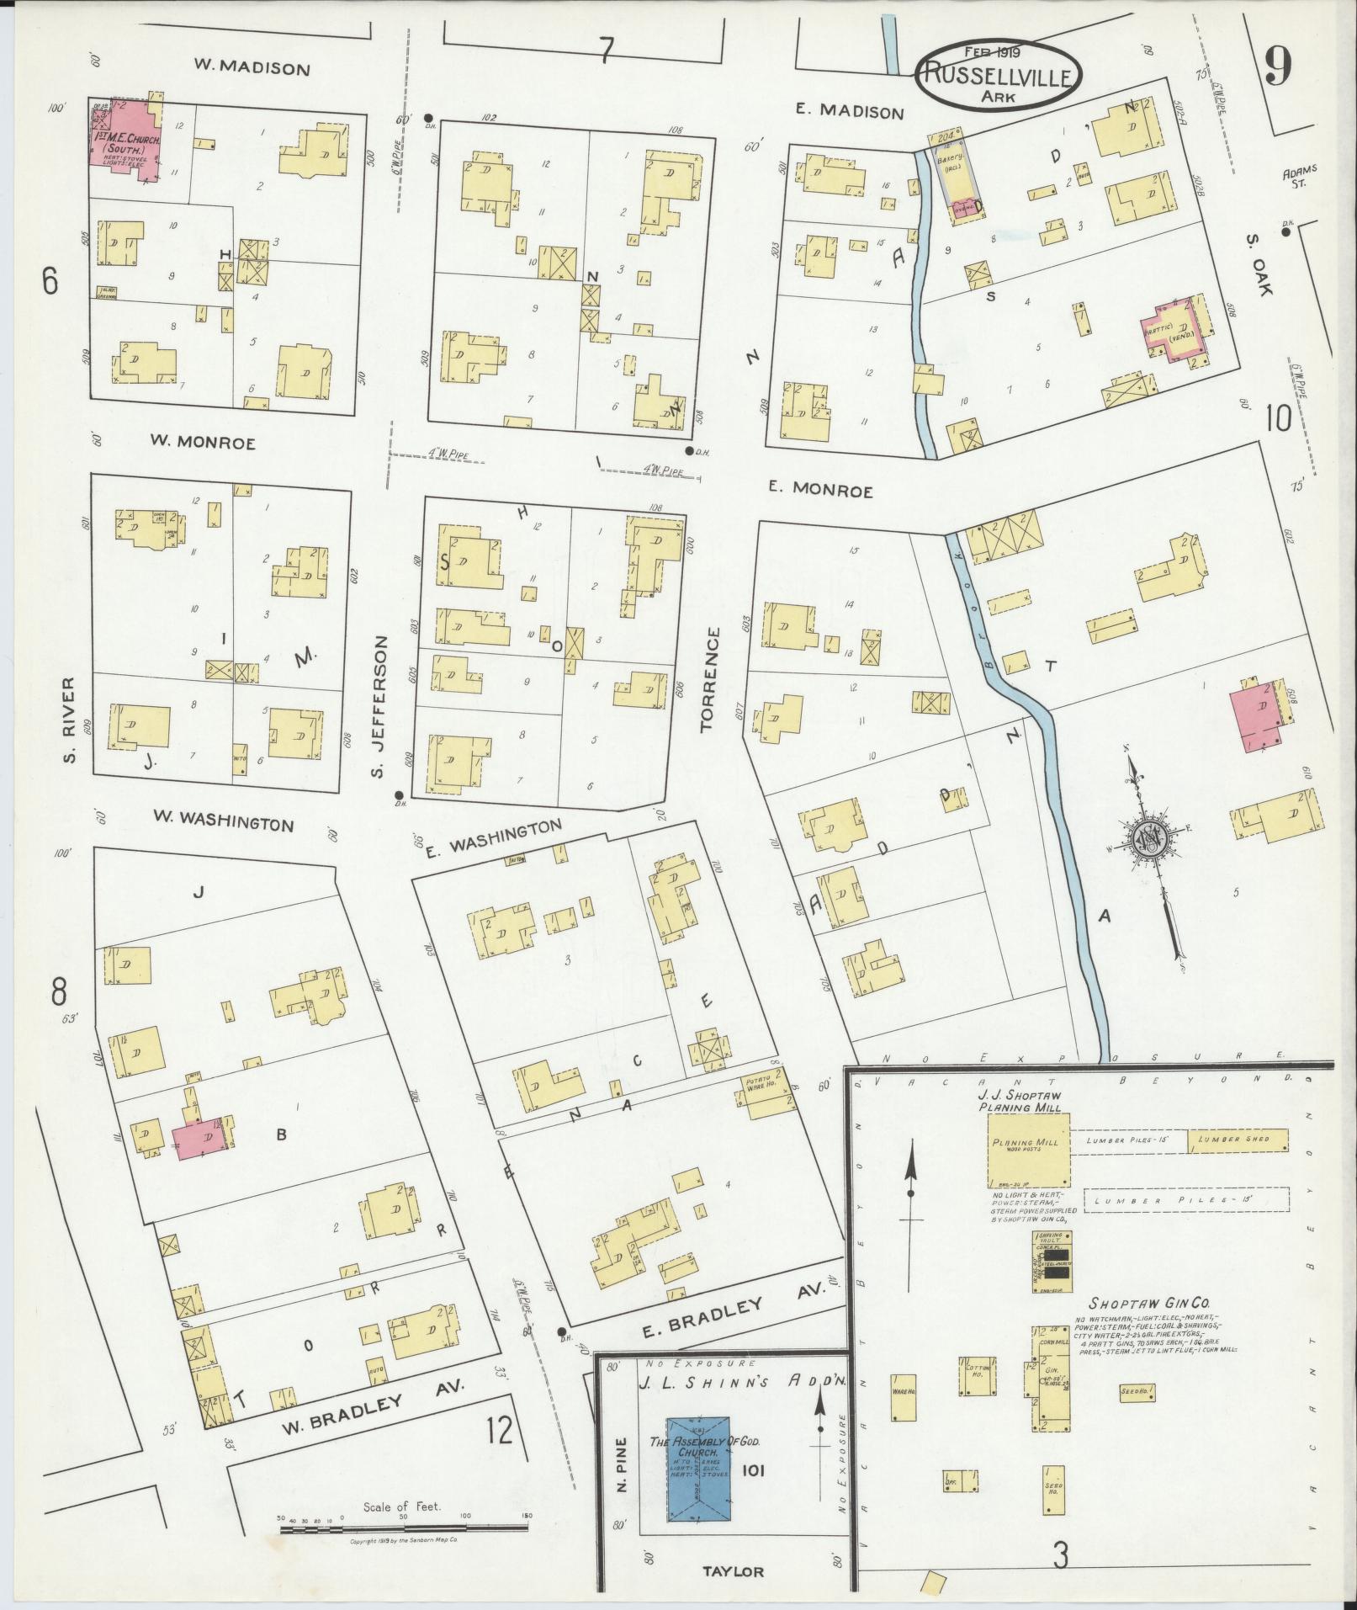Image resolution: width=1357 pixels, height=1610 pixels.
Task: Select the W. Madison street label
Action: click(x=252, y=68)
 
